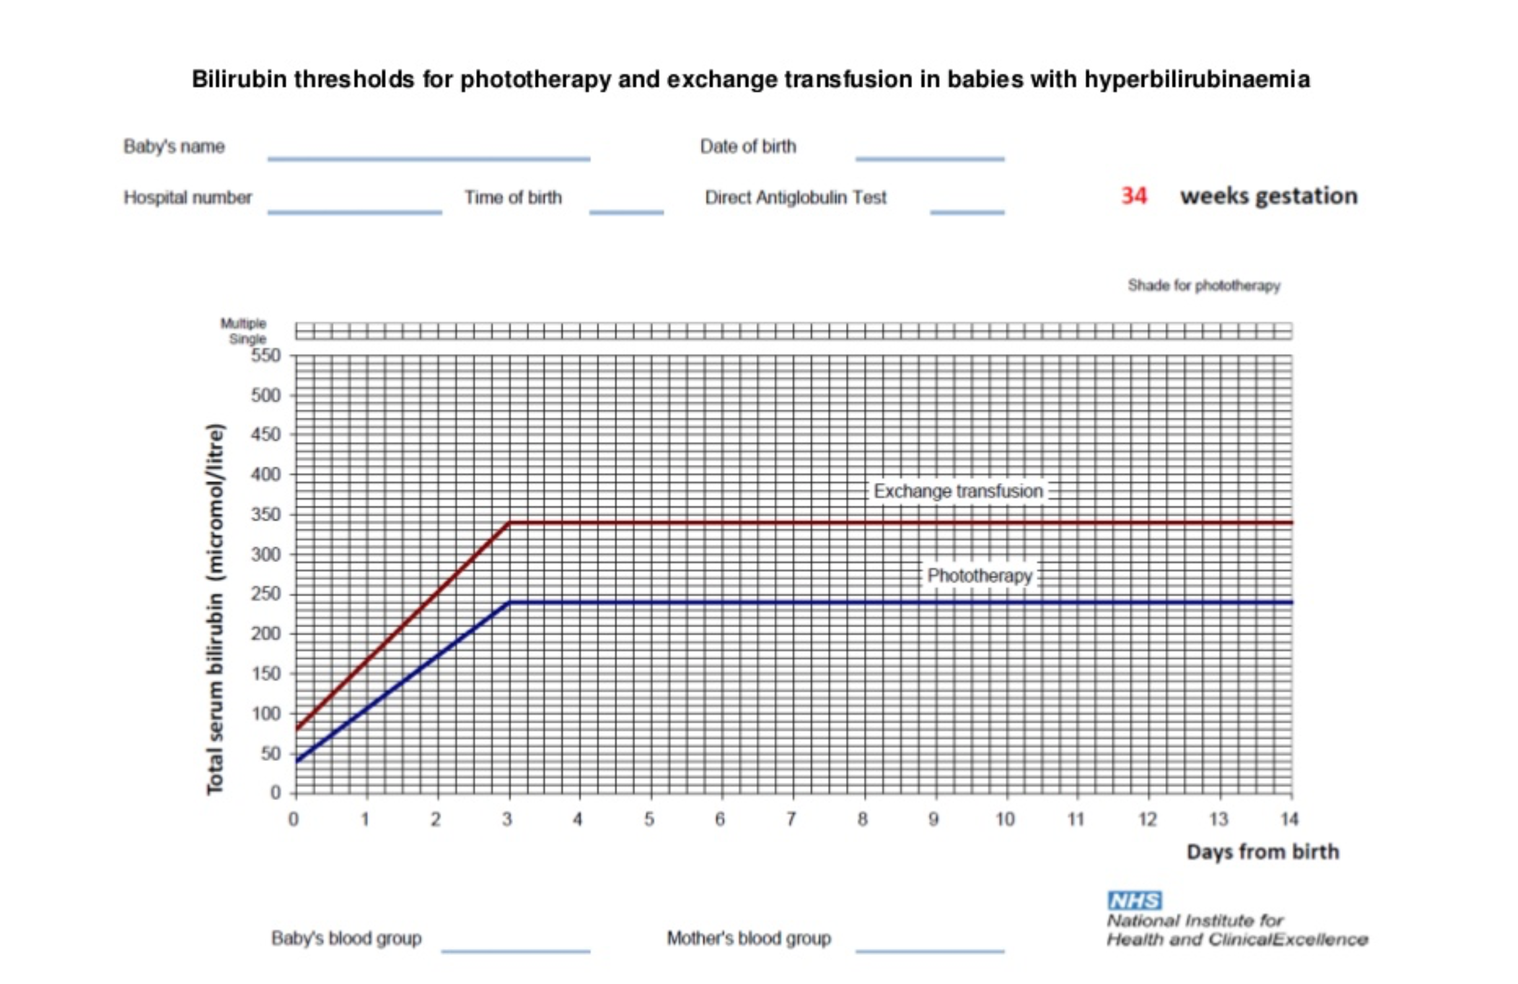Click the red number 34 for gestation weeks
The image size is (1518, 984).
pyautogui.click(x=1134, y=196)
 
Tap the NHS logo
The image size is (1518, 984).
pyautogui.click(x=1134, y=900)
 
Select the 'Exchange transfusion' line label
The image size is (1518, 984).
pyautogui.click(x=958, y=491)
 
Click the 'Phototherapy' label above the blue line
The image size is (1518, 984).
pyautogui.click(x=979, y=576)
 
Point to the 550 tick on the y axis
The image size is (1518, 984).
pyautogui.click(x=266, y=355)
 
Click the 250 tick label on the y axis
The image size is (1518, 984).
pyautogui.click(x=266, y=594)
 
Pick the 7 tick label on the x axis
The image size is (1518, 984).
pyautogui.click(x=791, y=819)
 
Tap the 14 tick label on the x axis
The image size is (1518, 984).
pyautogui.click(x=1289, y=819)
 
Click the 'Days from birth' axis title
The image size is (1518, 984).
pyautogui.click(x=1263, y=852)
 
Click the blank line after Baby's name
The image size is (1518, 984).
pyautogui.click(x=429, y=159)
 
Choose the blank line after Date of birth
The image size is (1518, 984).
pyautogui.click(x=930, y=159)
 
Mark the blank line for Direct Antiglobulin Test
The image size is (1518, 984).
pyautogui.click(x=967, y=212)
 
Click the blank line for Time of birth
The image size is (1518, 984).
pyautogui.click(x=626, y=212)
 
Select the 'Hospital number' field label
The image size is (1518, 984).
pyautogui.click(x=188, y=198)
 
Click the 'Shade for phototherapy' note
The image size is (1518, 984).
pyautogui.click(x=1204, y=286)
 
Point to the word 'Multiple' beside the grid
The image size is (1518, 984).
pyautogui.click(x=243, y=323)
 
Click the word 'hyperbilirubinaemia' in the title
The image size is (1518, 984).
pyautogui.click(x=1197, y=80)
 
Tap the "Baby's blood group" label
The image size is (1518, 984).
pyautogui.click(x=346, y=938)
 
